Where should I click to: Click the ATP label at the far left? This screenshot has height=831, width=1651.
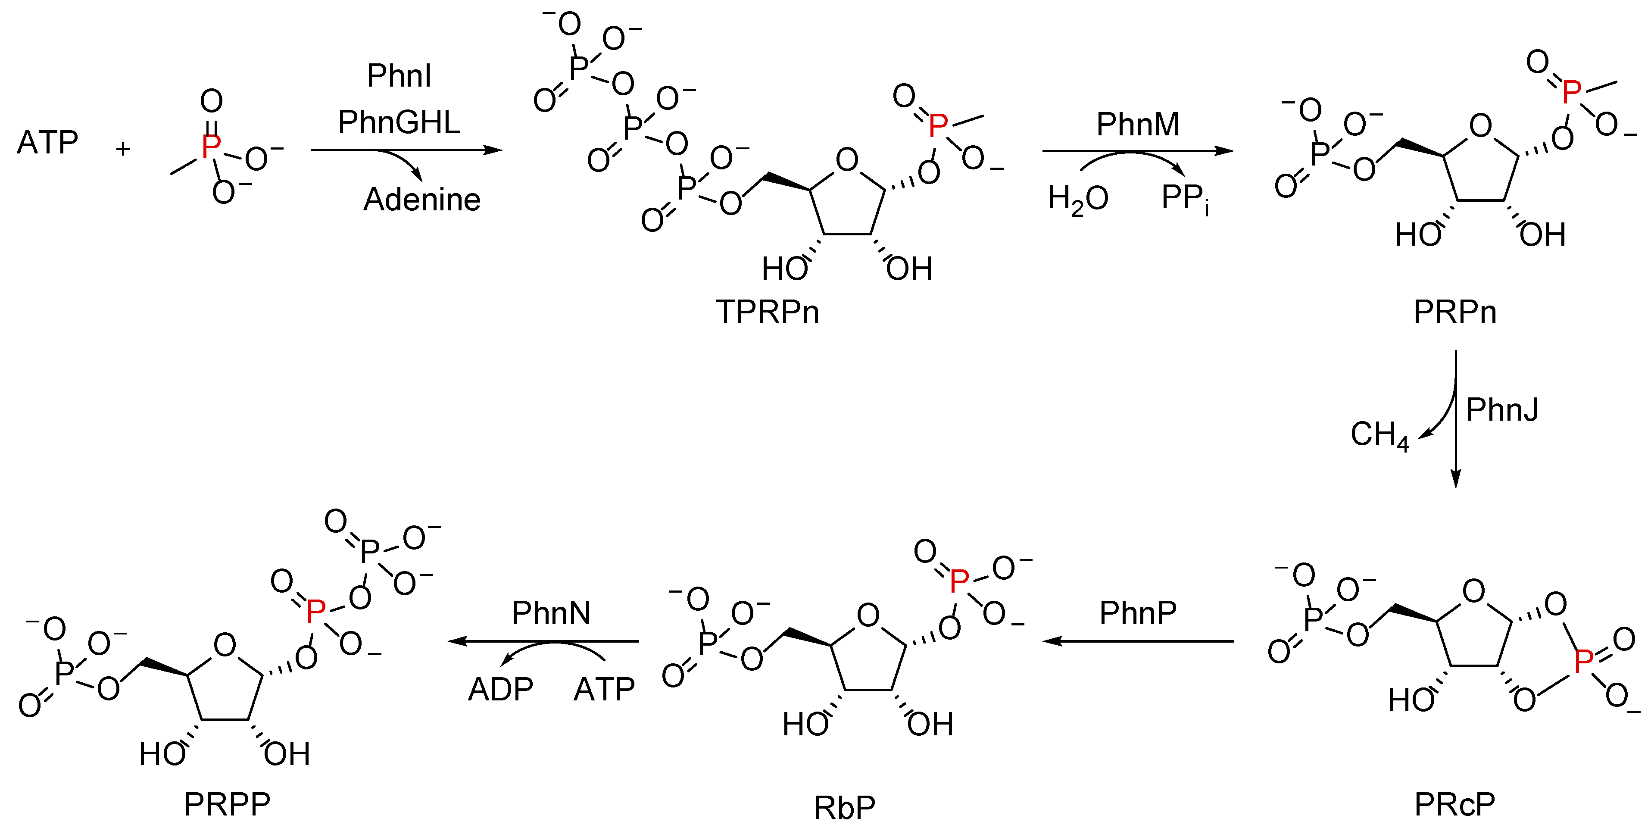pos(47,142)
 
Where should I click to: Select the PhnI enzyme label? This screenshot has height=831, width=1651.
pos(399,76)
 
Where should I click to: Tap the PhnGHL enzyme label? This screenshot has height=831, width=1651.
pos(399,122)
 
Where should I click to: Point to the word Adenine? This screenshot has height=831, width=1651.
pos(422,200)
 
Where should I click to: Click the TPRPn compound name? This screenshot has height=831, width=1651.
pos(767,312)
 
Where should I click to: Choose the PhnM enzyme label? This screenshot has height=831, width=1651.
pos(1138,125)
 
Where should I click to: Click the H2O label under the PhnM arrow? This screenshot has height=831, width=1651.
pos(1078,199)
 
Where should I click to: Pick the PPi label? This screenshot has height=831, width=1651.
pos(1184,199)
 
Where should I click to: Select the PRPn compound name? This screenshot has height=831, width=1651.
pos(1455,312)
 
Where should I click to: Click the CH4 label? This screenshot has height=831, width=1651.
pos(1379,435)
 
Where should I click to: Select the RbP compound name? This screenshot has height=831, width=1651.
pos(844,808)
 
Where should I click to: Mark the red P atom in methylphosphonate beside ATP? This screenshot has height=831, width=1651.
pos(211,146)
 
